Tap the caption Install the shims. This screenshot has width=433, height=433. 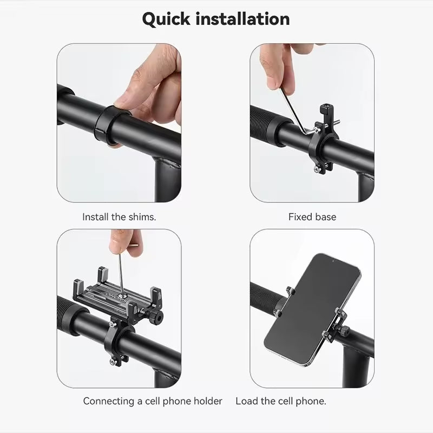click(x=119, y=217)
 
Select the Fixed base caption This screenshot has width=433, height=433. click(x=312, y=217)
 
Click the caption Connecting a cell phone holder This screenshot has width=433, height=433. click(x=153, y=401)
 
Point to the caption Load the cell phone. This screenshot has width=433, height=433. click(x=281, y=401)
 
